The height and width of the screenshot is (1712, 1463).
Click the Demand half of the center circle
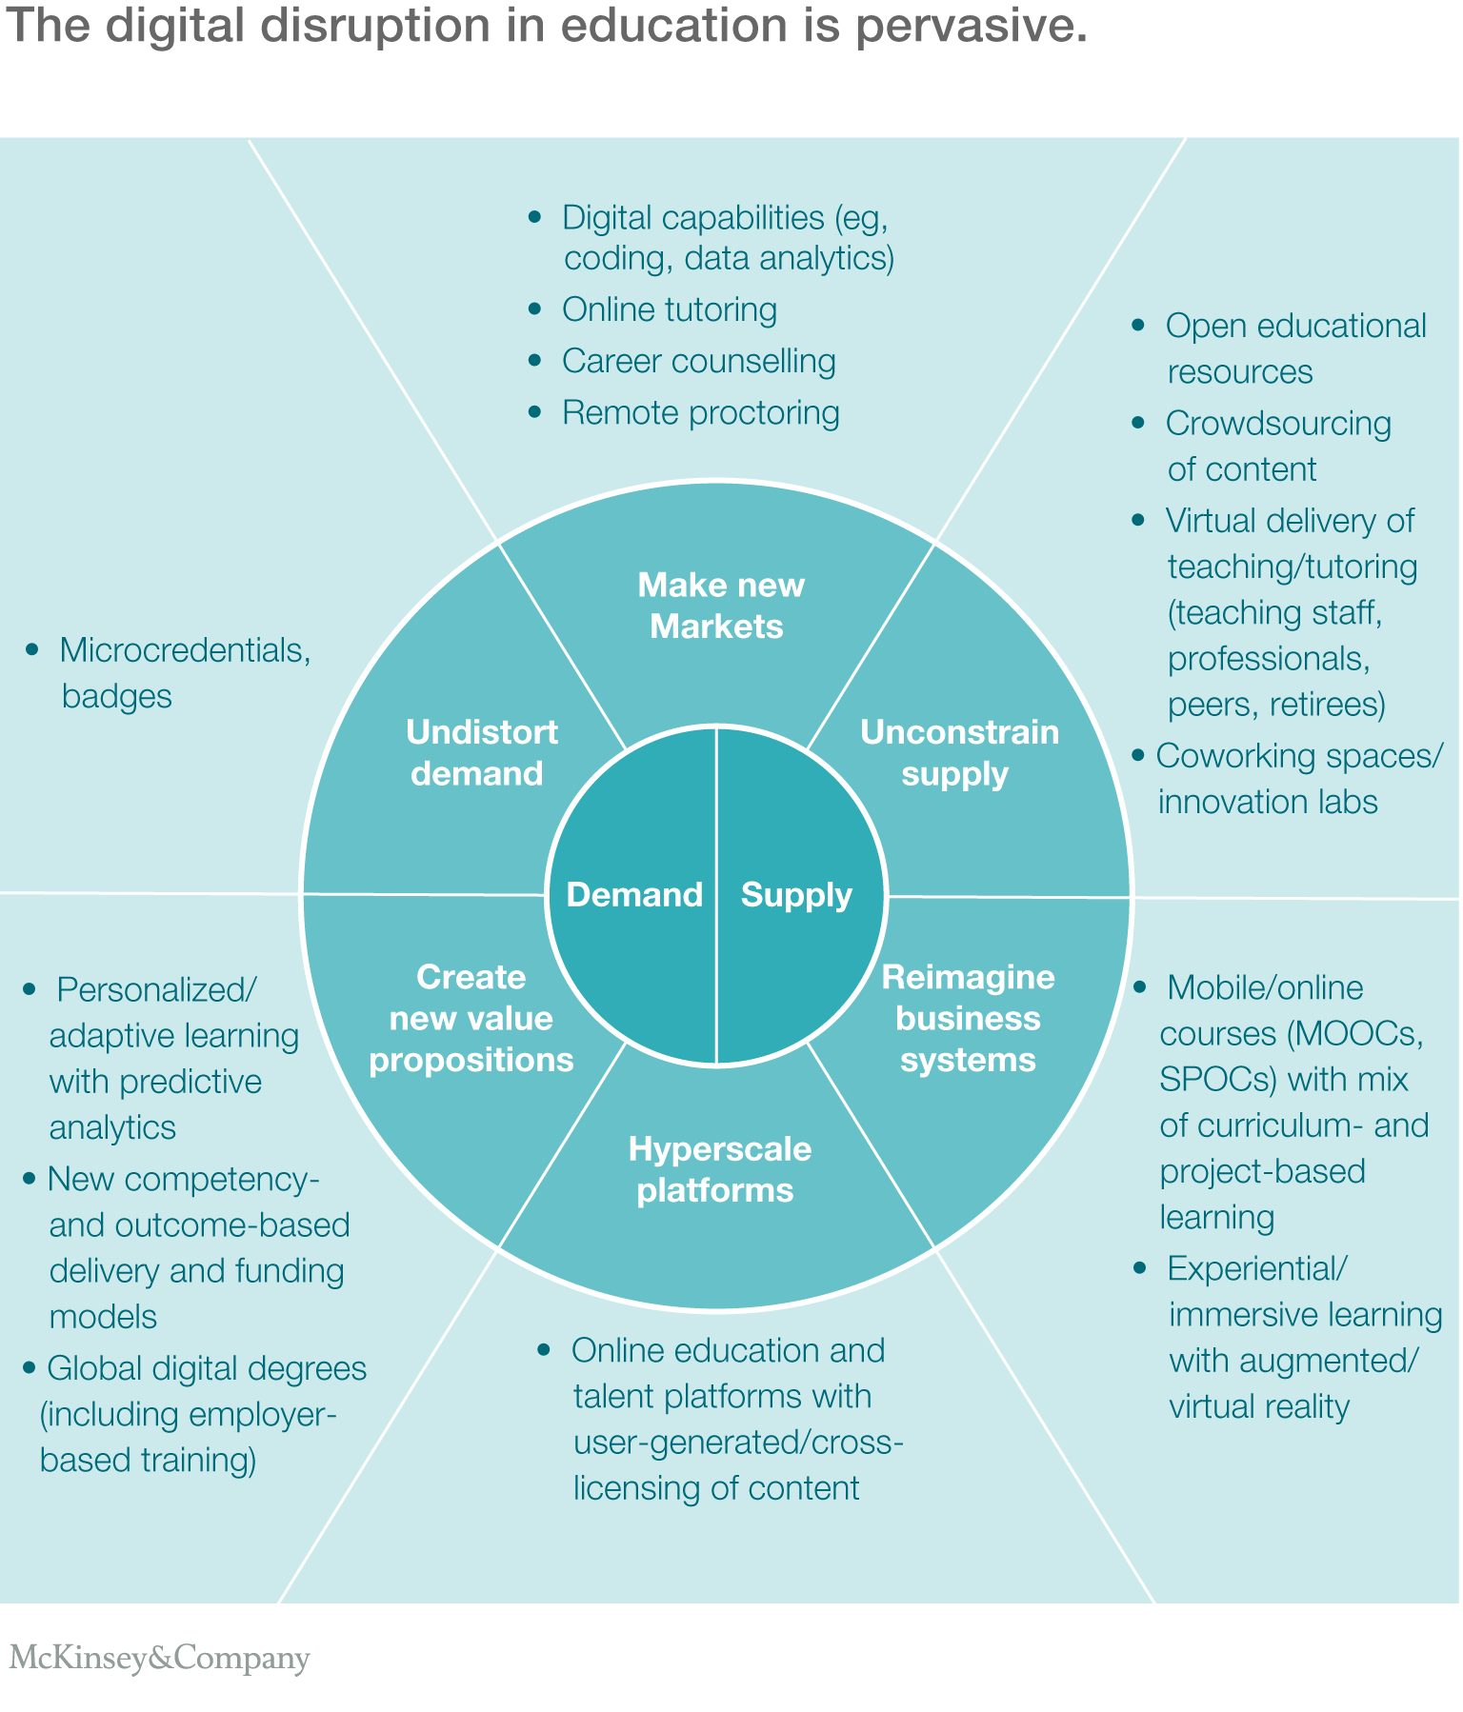click(x=634, y=895)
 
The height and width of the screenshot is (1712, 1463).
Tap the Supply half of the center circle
click(x=796, y=895)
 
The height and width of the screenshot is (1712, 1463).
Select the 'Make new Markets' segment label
click(x=719, y=606)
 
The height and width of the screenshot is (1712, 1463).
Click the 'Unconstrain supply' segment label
click(x=958, y=752)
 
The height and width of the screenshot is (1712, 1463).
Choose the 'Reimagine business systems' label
click(x=968, y=1018)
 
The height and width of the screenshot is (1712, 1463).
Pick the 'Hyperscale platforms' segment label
click(x=718, y=1169)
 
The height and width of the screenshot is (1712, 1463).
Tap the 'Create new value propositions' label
click(x=471, y=1018)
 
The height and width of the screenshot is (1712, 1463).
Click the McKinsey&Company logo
click(x=160, y=1658)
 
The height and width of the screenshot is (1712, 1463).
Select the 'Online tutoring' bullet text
click(x=669, y=309)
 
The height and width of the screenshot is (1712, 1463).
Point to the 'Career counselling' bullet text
click(x=698, y=361)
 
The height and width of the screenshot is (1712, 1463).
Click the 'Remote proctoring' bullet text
click(x=700, y=412)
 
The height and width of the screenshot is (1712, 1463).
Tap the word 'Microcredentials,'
click(x=185, y=650)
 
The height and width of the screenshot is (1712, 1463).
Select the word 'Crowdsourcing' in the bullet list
click(x=1277, y=424)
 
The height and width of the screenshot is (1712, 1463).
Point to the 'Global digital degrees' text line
click(x=207, y=1368)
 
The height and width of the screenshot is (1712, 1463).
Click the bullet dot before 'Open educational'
click(x=1137, y=326)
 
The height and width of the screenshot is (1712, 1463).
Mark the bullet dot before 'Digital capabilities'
click(x=534, y=217)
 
